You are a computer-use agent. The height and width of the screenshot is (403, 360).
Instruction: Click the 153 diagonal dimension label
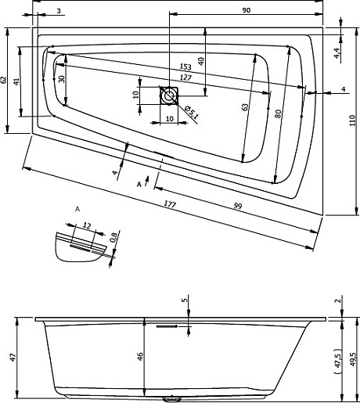(x=185, y=67)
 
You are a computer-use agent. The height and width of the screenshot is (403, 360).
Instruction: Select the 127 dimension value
(x=185, y=77)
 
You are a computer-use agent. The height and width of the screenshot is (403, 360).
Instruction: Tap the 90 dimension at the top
(x=246, y=10)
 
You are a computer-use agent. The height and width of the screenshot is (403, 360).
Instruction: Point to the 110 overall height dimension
(x=353, y=121)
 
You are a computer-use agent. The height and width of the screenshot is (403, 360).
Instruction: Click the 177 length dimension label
(x=170, y=204)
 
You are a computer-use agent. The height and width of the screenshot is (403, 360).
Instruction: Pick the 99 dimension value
(x=238, y=206)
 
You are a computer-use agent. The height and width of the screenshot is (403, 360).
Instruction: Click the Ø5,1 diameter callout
(x=192, y=112)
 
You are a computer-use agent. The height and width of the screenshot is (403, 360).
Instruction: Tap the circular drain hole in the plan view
(x=169, y=95)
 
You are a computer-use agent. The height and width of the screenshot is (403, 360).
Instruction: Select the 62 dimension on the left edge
(x=3, y=80)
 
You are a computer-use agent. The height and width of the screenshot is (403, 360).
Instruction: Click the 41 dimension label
(x=16, y=81)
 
